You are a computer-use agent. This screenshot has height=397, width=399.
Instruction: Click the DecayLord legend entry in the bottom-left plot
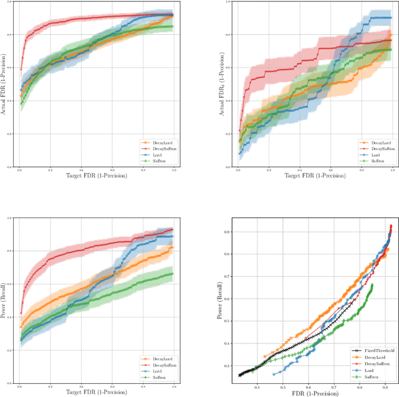pyautogui.click(x=156, y=359)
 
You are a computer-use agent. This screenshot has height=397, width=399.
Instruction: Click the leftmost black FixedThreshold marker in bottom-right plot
pyautogui.click(x=240, y=375)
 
